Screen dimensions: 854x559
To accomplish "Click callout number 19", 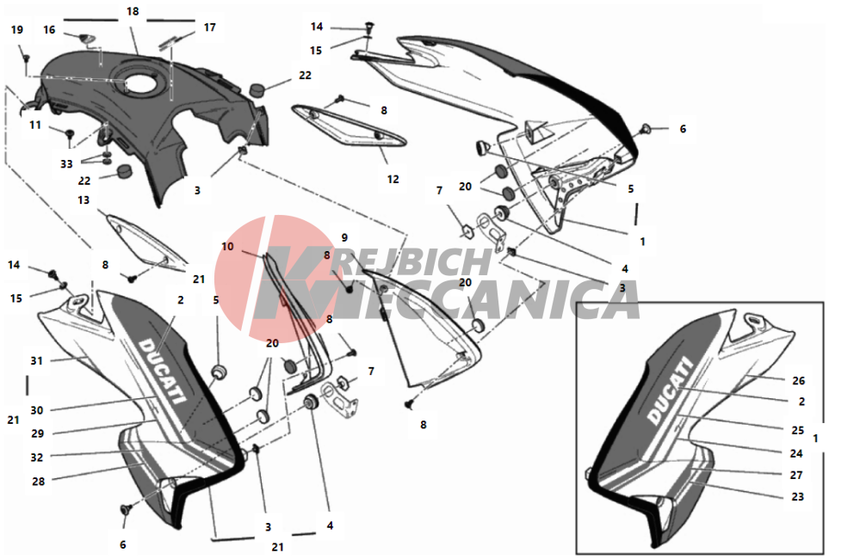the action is click(x=17, y=30).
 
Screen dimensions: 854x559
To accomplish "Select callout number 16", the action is click(x=50, y=30).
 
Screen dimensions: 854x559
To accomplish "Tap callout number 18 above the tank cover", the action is click(x=133, y=11).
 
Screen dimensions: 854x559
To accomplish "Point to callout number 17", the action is click(x=210, y=28).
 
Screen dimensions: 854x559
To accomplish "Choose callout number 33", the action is click(x=66, y=164).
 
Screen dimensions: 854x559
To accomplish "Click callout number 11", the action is click(x=35, y=126).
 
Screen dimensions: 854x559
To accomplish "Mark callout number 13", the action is click(x=84, y=200).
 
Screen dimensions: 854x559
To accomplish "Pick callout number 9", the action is click(x=344, y=238).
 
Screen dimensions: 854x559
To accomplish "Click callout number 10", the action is click(x=227, y=247).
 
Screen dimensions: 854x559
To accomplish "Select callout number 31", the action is click(x=36, y=361).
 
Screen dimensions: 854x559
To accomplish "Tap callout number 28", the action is click(x=38, y=481).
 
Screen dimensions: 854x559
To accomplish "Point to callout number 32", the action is click(x=36, y=458).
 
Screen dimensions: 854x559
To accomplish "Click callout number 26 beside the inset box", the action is click(x=798, y=381).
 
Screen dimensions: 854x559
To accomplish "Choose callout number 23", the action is click(x=798, y=496).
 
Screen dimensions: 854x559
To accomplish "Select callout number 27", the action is click(x=796, y=476).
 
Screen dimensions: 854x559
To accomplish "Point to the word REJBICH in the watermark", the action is click(x=414, y=262).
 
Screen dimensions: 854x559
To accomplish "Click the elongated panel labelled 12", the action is click(x=350, y=126).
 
